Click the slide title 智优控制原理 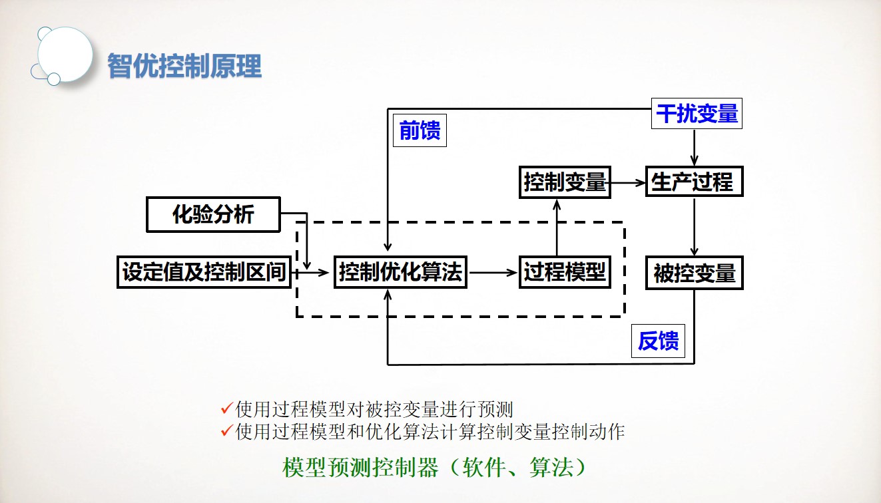point(184,66)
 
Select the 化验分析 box point(213,214)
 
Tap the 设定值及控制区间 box point(204,272)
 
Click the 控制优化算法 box point(400,272)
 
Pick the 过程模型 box point(565,272)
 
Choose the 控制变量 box point(565,182)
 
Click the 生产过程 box point(694,182)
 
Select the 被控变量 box point(694,273)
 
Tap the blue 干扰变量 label point(697,114)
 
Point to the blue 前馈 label point(420,131)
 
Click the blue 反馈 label point(658,341)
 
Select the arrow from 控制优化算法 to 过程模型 point(493,272)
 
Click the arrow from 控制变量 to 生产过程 point(628,182)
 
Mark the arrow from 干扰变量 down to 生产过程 point(695,148)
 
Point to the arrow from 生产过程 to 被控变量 point(695,227)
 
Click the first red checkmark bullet point(226,407)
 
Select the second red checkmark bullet point(226,430)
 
